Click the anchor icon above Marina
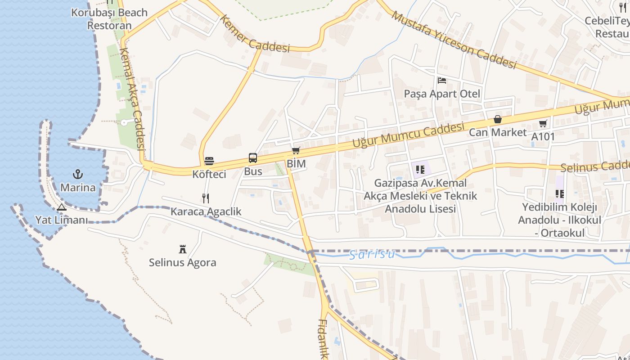point(78,174)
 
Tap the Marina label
point(78,187)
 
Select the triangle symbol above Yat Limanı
point(62,207)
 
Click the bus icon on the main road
point(253,158)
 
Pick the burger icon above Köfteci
point(209,161)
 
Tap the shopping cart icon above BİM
point(296,151)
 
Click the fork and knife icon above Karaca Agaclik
point(206,198)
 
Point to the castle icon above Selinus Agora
point(183,249)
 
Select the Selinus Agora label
point(183,262)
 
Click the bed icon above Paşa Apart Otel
point(442,81)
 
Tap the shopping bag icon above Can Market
point(498,119)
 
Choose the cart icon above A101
point(543,123)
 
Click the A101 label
point(543,136)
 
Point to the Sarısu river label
point(373,254)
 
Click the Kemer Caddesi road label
point(255,34)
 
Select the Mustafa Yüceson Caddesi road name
point(454,40)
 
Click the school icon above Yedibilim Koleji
point(559,194)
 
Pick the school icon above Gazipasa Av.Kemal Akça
point(420,170)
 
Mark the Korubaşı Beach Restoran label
point(109,18)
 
